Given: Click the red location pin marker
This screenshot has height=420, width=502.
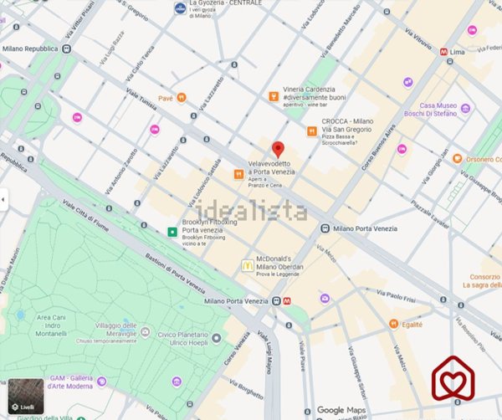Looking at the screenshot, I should tap(278, 150).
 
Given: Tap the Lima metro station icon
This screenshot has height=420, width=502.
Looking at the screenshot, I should tap(444, 51).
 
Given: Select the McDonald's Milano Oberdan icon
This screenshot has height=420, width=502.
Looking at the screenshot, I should tap(247, 265).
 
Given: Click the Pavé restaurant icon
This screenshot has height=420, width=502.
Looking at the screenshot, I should tap(182, 97).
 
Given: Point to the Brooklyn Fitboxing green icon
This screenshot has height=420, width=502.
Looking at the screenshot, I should tap(172, 231).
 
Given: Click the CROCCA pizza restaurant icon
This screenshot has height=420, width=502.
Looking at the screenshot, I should tap(311, 131).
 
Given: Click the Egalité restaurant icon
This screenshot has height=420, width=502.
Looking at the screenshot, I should tap(392, 323).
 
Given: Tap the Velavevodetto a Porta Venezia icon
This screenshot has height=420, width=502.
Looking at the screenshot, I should tap(238, 174).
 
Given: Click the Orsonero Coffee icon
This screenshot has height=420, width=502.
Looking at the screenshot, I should tap(458, 159).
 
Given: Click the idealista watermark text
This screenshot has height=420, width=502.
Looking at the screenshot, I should tap(251, 210).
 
